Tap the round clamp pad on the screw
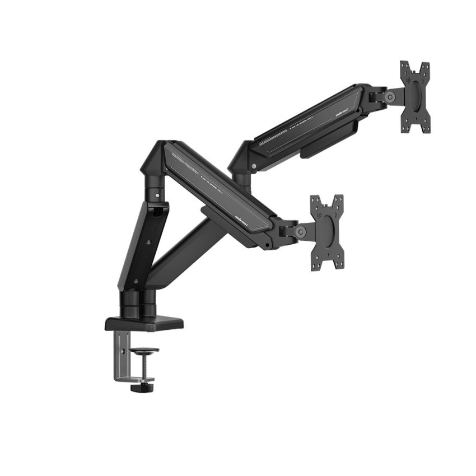point(144,351)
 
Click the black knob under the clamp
point(142,387)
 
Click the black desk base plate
point(144,323)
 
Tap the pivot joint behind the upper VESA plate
point(390,96)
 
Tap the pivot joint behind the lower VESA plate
point(301,231)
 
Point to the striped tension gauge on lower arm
point(185,163)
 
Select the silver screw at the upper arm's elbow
point(254,166)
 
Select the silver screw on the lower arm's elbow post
point(157,195)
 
